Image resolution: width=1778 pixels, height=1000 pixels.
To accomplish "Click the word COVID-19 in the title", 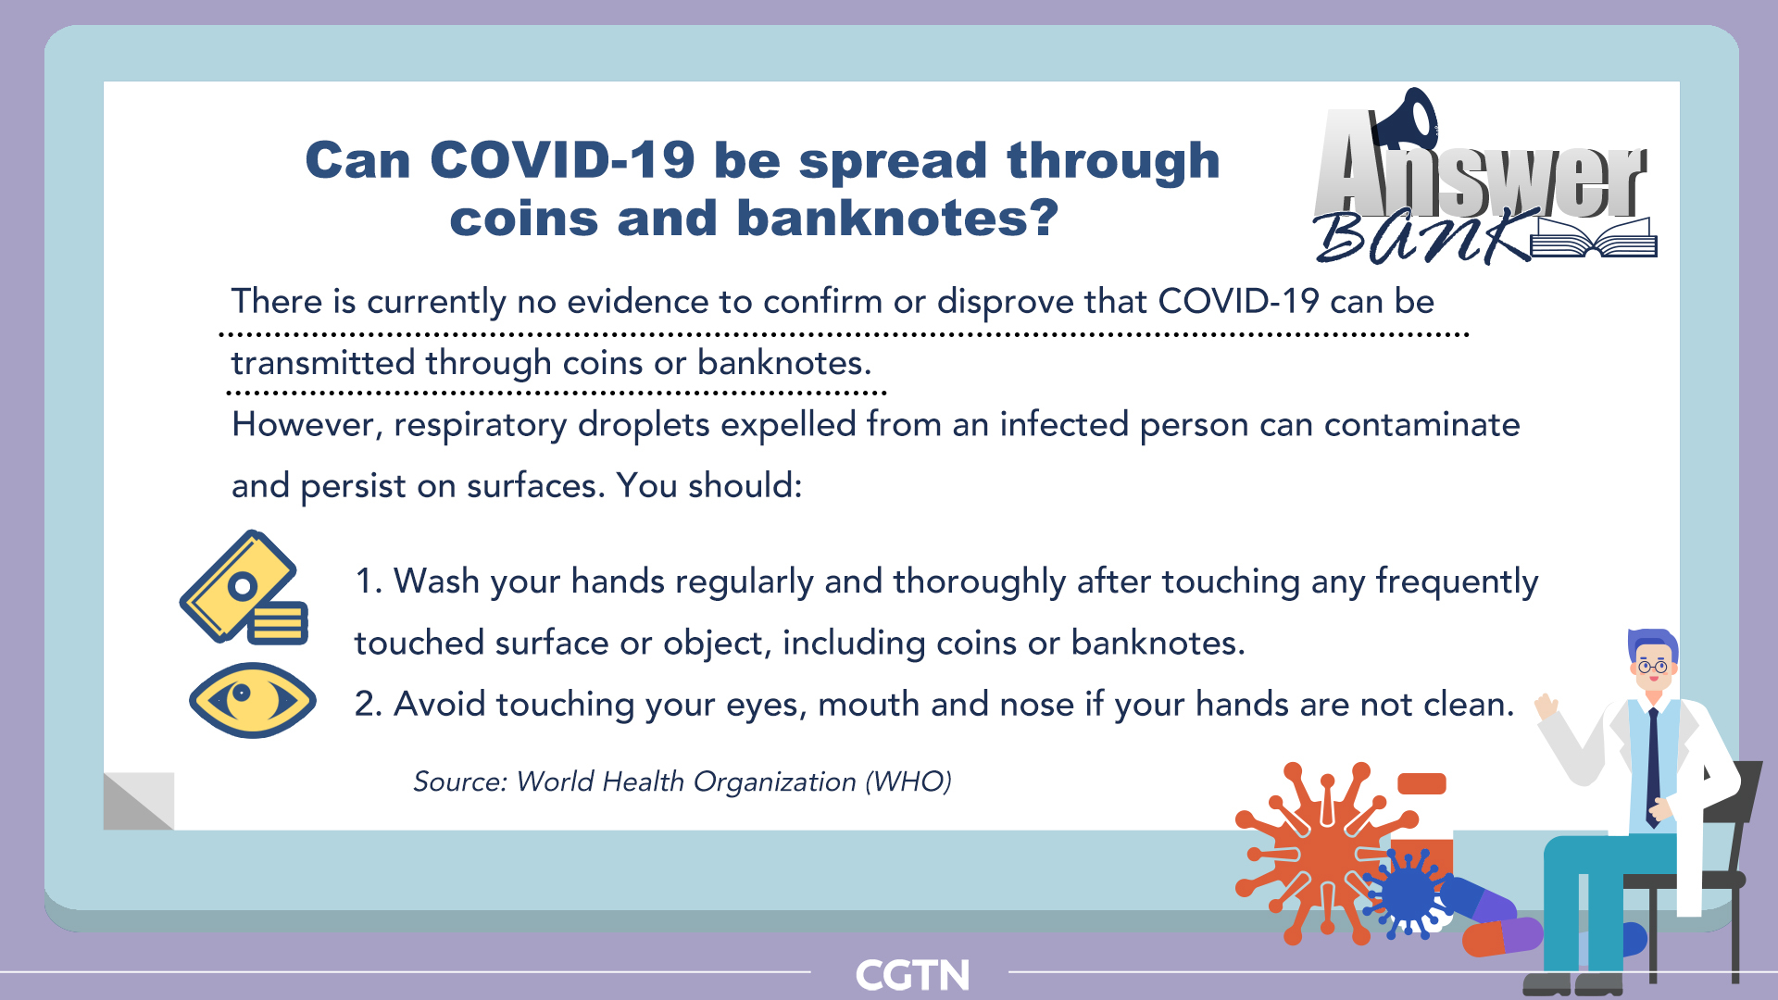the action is coord(562,160).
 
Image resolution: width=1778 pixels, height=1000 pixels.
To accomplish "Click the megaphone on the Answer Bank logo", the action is coord(1404,118).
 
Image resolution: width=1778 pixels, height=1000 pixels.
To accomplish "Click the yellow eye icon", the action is coord(252,700).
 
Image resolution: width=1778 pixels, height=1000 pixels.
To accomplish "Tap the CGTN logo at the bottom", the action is coord(912,975).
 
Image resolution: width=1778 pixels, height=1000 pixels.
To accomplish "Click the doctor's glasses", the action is coord(1652,666).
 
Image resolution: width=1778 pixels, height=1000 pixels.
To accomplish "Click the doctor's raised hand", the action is coord(1546,707).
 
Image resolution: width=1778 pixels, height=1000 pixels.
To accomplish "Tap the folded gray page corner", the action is coord(139,801).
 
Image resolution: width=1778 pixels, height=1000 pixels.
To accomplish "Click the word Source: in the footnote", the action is coord(460,781).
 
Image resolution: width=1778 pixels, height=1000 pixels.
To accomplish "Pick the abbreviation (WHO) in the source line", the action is coord(908,781).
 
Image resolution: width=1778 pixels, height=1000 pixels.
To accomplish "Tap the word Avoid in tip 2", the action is coord(440,705).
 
